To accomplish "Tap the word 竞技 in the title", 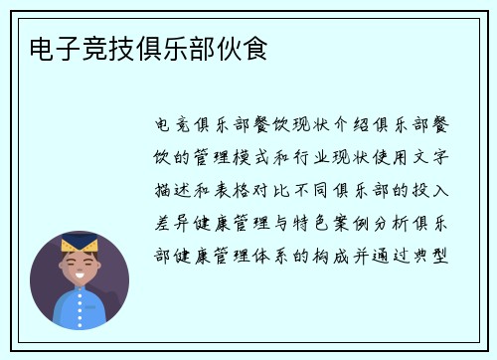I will pyautogui.click(x=100, y=48).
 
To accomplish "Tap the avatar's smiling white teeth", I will pyautogui.click(x=79, y=273).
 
